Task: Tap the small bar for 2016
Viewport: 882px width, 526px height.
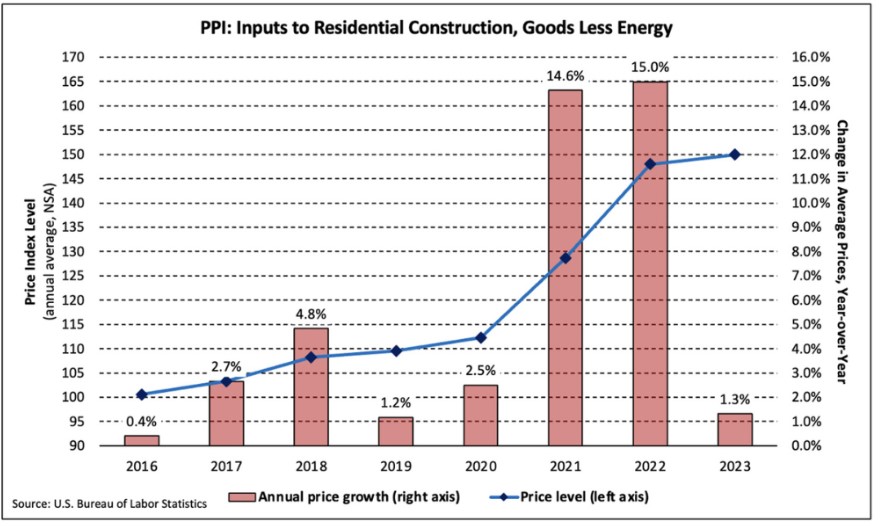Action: tap(141, 440)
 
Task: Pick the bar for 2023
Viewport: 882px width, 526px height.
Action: tap(735, 429)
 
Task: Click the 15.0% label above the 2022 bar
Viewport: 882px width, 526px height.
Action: tap(651, 68)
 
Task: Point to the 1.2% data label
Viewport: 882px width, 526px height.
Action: tap(396, 402)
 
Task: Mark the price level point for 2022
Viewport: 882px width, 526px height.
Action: tap(650, 164)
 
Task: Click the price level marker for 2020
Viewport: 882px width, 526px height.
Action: tap(481, 338)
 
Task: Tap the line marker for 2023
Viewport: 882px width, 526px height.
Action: tap(735, 154)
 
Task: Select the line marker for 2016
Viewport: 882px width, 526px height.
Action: tap(141, 394)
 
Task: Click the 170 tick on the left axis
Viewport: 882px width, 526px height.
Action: tap(71, 57)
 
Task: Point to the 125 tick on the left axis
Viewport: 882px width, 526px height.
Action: tap(71, 275)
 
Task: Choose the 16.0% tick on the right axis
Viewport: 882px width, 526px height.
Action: tap(810, 57)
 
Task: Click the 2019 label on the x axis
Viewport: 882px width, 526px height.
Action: tap(396, 465)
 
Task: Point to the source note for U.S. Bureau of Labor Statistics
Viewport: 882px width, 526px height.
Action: tap(110, 504)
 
